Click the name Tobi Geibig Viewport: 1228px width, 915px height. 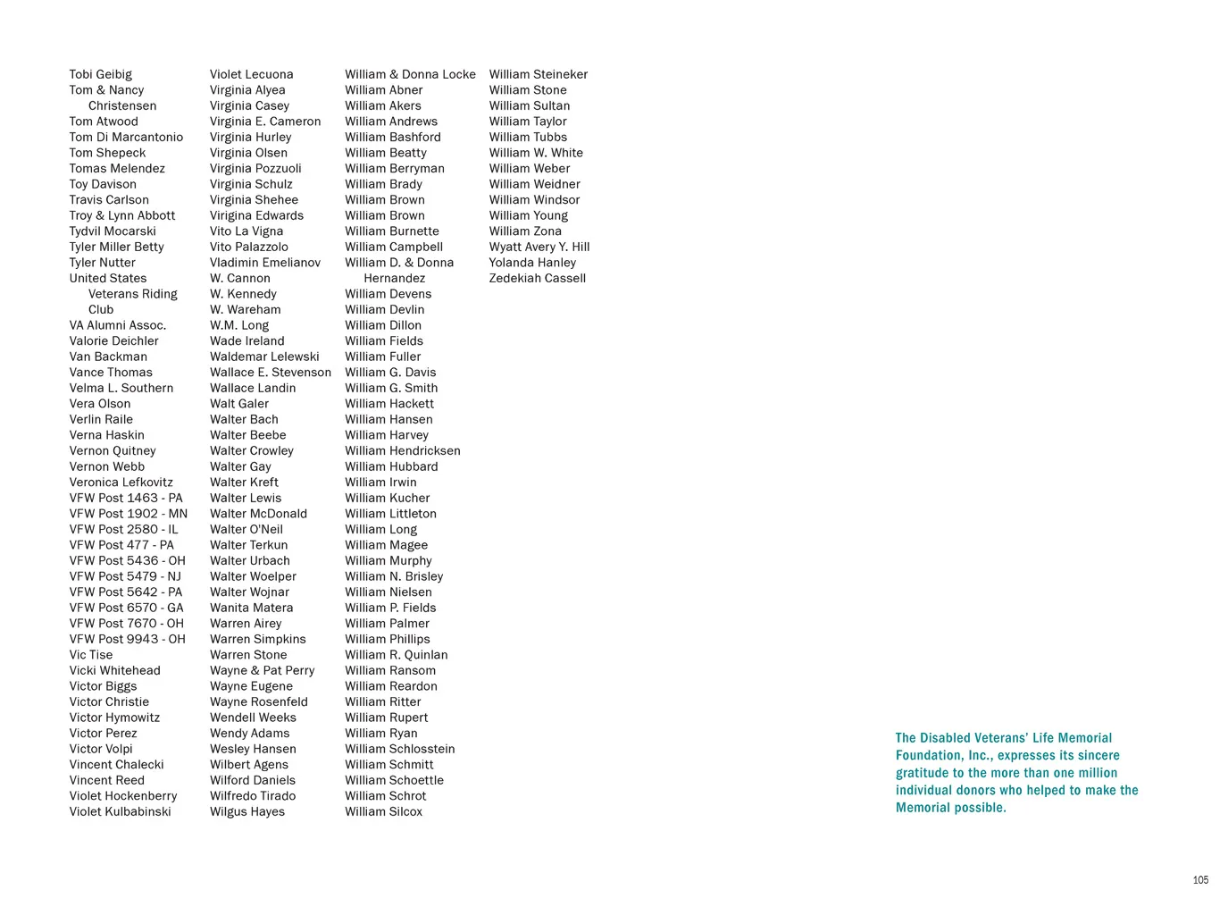[100, 74]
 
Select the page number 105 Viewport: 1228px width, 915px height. [1200, 880]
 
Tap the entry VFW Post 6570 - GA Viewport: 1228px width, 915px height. [126, 608]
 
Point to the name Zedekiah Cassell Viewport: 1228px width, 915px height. [537, 278]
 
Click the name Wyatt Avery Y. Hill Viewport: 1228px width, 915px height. [539, 247]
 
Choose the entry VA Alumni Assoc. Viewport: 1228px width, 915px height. [117, 325]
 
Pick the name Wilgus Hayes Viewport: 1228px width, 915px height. [247, 811]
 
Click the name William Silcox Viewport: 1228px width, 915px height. [383, 811]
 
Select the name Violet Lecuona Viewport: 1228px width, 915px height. [251, 74]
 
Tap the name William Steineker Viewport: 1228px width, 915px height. [538, 74]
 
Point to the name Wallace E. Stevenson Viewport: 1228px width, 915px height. [270, 373]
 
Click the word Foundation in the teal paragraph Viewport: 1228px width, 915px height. [929, 756]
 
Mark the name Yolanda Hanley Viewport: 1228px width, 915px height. [532, 263]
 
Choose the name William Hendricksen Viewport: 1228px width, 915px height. [403, 450]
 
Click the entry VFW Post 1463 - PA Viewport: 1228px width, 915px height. [126, 498]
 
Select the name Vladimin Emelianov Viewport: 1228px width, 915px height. [264, 263]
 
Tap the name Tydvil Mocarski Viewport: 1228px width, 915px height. [113, 231]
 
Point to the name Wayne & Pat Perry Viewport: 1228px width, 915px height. [262, 670]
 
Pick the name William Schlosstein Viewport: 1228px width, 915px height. [399, 749]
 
